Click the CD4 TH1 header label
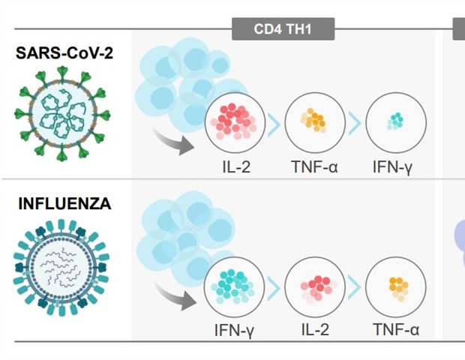coord(282,30)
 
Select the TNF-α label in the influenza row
coord(395,329)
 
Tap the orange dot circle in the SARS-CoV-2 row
coord(314,121)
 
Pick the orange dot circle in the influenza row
coord(395,285)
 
